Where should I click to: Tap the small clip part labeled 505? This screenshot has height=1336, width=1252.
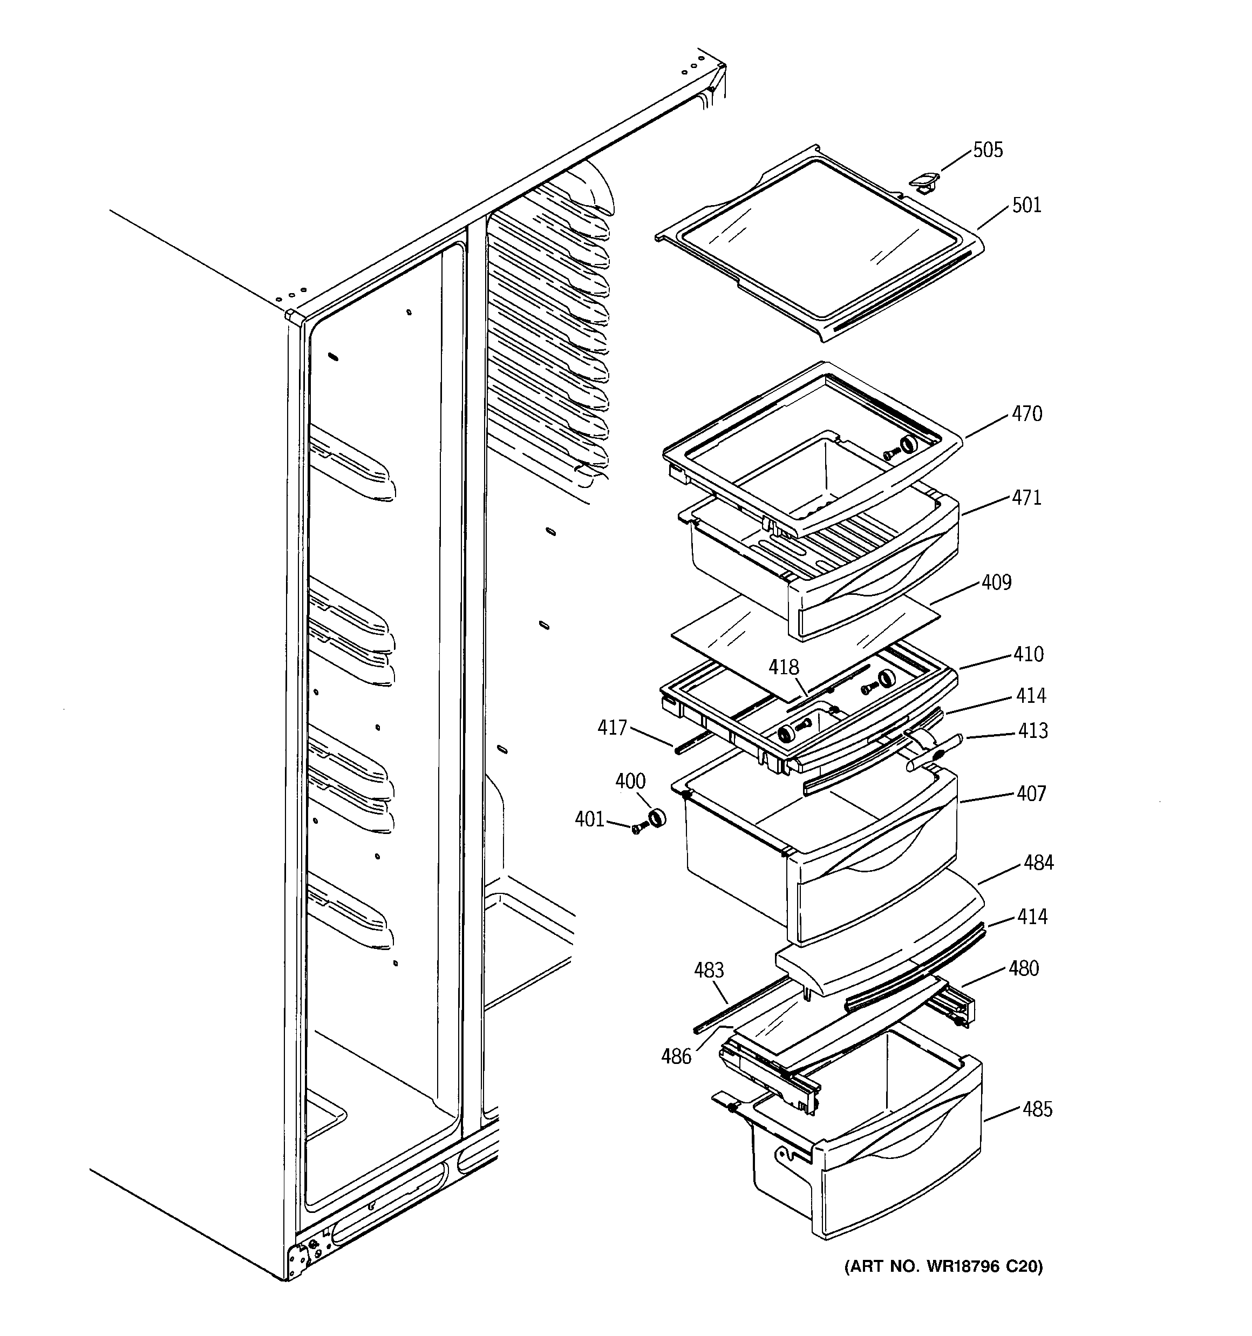click(924, 181)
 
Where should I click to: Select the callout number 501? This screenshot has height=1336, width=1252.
click(1026, 205)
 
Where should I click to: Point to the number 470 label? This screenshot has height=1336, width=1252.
click(1027, 414)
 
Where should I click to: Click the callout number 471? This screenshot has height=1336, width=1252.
click(1027, 498)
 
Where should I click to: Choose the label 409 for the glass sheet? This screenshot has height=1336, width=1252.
click(996, 582)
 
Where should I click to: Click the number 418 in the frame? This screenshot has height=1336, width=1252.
click(784, 667)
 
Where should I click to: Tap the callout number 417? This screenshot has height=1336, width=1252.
click(612, 727)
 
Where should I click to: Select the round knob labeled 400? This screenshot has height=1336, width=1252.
click(655, 818)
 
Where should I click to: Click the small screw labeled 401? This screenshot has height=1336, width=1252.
click(636, 829)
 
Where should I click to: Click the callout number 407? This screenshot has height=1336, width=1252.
click(1031, 794)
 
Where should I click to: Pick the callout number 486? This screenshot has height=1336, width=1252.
click(676, 1057)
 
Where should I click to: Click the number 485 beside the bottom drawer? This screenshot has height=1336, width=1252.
click(1037, 1109)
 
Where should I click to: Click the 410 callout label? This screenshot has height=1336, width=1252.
click(1028, 654)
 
